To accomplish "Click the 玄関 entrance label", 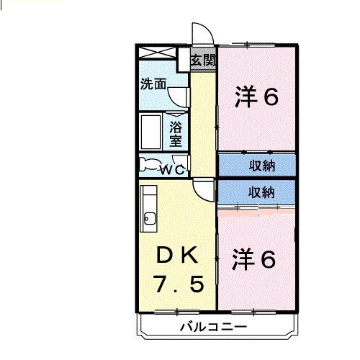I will point(203,60).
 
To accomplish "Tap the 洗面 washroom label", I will point(153,83).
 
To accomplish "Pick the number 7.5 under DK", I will point(176,284).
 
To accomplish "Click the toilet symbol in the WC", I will point(150,165).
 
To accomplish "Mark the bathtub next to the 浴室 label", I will point(151,131).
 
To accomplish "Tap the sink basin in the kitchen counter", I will point(150,218).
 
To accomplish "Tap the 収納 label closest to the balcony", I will point(262,192).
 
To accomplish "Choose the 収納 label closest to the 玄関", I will point(262,165).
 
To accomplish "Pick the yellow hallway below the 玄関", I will point(203,122).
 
